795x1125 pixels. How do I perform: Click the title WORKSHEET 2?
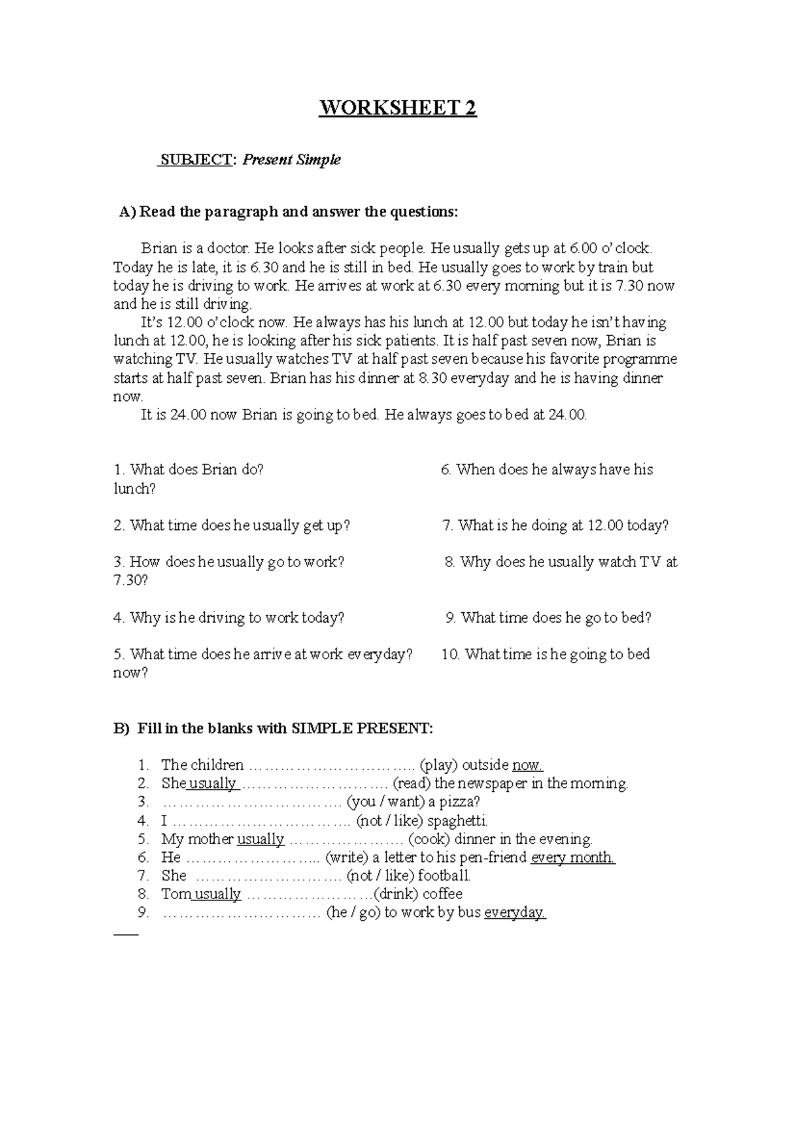point(397,108)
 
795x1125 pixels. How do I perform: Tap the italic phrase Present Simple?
point(291,160)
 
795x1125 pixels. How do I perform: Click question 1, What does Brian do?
point(189,470)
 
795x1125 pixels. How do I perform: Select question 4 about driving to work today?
point(229,618)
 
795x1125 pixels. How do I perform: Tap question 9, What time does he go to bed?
point(549,618)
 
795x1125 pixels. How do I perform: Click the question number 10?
point(450,655)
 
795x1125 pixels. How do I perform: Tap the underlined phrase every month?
point(573,857)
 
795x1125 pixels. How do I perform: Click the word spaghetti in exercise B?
point(457,821)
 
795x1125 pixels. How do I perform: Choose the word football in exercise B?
point(444,876)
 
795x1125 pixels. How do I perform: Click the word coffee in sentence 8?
point(443,894)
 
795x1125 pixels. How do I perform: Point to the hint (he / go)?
point(352,913)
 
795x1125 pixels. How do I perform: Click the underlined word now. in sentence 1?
point(528,765)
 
